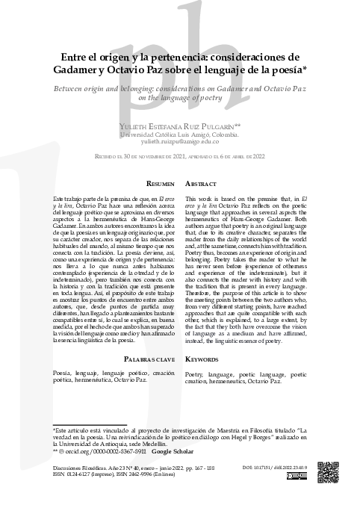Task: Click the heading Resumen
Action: click(161, 183)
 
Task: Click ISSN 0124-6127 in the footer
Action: click(79, 474)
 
